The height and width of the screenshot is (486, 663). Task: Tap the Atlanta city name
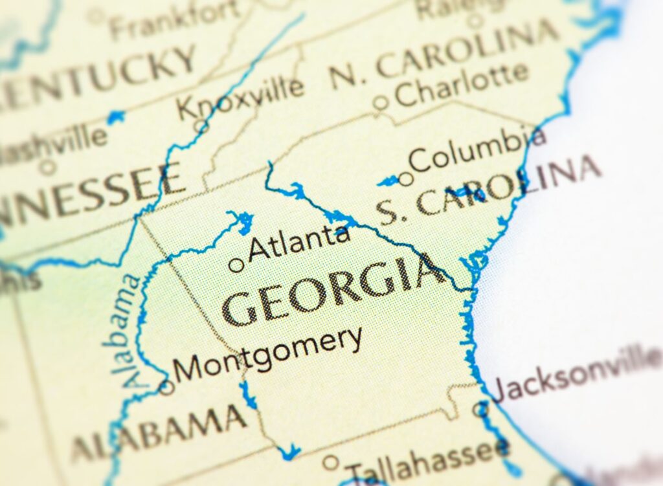click(x=299, y=241)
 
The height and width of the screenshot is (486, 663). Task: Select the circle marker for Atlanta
click(x=237, y=265)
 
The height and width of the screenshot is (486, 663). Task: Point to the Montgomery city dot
click(x=167, y=387)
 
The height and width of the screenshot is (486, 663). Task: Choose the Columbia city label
click(x=478, y=150)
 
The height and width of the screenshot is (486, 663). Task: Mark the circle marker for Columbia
click(x=405, y=179)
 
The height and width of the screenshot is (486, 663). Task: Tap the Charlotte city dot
click(x=381, y=102)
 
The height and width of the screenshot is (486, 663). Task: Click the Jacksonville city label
click(x=576, y=374)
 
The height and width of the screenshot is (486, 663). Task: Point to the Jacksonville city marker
click(x=479, y=408)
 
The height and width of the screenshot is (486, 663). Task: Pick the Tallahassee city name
click(x=427, y=458)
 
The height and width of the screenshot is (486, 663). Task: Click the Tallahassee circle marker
click(x=331, y=462)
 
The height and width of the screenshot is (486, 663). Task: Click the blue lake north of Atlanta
click(x=243, y=221)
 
